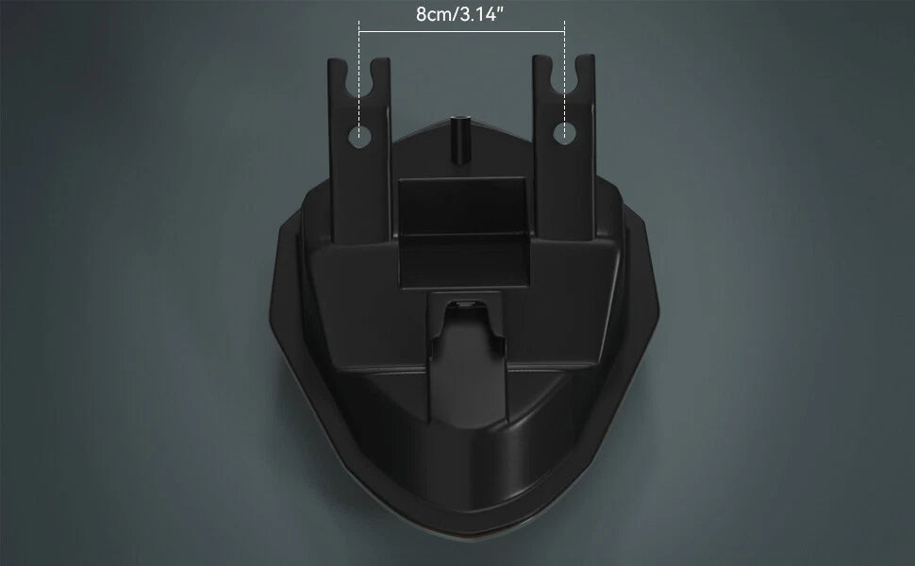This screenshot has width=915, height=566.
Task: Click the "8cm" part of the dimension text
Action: coord(434,14)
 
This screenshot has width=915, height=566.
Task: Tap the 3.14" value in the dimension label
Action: coord(482,14)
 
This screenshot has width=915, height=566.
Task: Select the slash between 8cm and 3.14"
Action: coord(456,14)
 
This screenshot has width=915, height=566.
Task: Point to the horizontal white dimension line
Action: coord(461,31)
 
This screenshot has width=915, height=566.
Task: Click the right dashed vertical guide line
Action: coord(564,80)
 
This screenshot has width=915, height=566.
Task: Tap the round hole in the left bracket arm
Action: coord(359,137)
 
